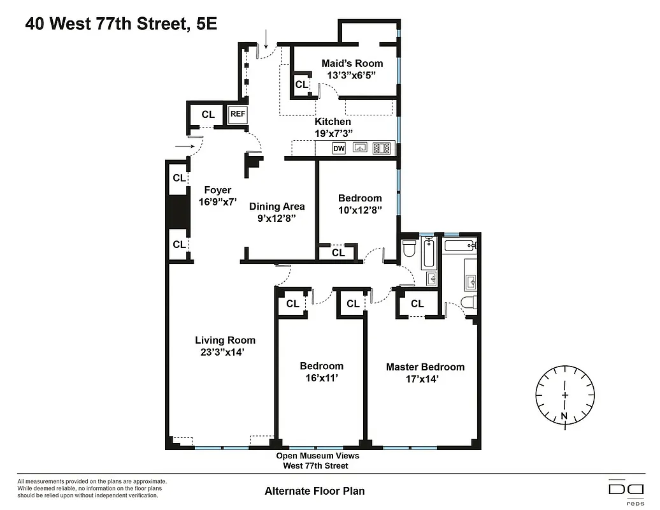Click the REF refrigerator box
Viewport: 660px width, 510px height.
pyautogui.click(x=238, y=115)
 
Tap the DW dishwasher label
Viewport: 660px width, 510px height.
pyautogui.click(x=339, y=149)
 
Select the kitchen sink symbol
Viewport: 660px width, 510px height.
pyautogui.click(x=361, y=149)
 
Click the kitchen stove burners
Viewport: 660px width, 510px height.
pyautogui.click(x=382, y=149)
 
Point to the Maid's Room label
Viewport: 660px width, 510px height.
pyautogui.click(x=352, y=63)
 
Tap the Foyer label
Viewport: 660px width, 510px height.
pyautogui.click(x=217, y=190)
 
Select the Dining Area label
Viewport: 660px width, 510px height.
pyautogui.click(x=276, y=206)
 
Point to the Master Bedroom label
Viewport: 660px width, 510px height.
pyautogui.click(x=425, y=367)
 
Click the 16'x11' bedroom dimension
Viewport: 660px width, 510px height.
pyautogui.click(x=321, y=377)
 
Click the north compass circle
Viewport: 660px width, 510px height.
pyautogui.click(x=564, y=396)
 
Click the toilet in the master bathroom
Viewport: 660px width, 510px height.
pyautogui.click(x=468, y=303)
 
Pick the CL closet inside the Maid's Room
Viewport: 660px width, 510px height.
pyautogui.click(x=301, y=85)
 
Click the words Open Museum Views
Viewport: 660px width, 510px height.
pyautogui.click(x=317, y=456)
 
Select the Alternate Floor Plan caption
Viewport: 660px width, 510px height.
pyautogui.click(x=315, y=491)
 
